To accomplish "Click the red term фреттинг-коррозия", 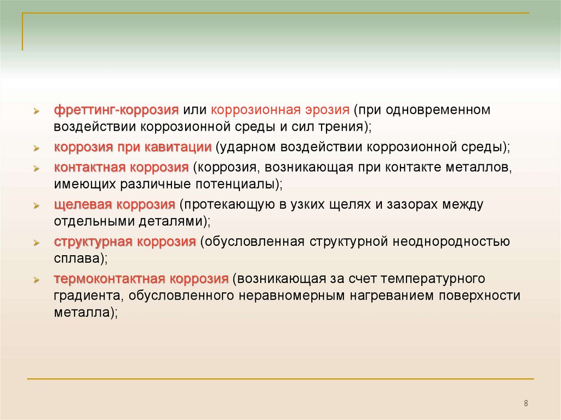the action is tap(116, 110).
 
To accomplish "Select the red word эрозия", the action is tap(328, 110).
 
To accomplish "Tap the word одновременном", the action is tap(438, 110).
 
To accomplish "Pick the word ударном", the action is tap(248, 147).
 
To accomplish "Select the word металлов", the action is tap(477, 168).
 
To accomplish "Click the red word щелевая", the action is tap(83, 205).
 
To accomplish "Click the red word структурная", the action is tap(93, 242).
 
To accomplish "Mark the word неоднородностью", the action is tap(451, 242).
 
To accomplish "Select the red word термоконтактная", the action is tap(110, 279).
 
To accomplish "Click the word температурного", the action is tap(433, 279).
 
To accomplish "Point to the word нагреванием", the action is tap(392, 296).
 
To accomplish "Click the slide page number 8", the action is tap(526, 403).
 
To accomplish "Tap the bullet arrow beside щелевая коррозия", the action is tap(36, 206).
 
